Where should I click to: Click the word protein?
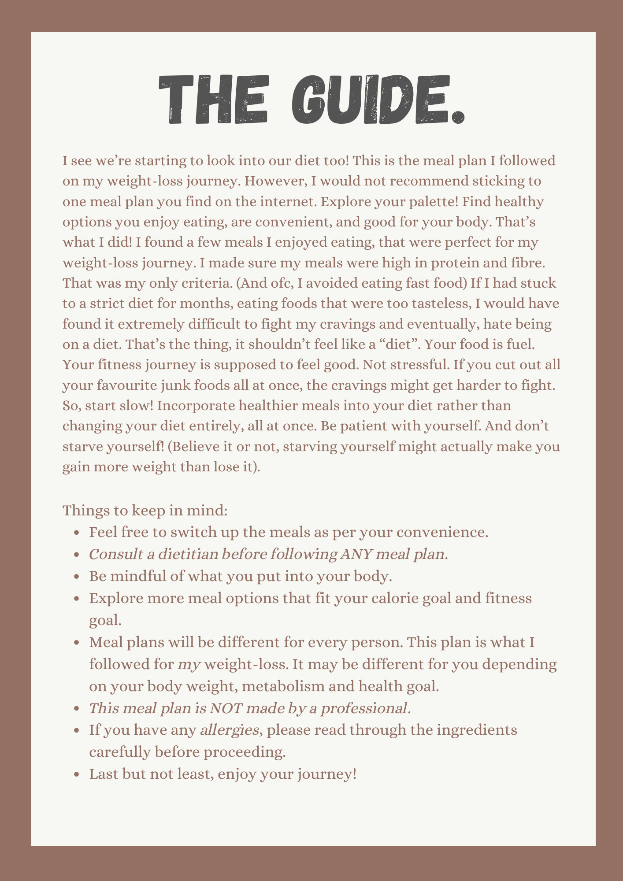point(458,263)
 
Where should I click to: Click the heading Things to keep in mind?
point(145,511)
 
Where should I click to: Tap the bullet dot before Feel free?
point(77,533)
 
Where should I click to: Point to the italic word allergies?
point(229,730)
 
